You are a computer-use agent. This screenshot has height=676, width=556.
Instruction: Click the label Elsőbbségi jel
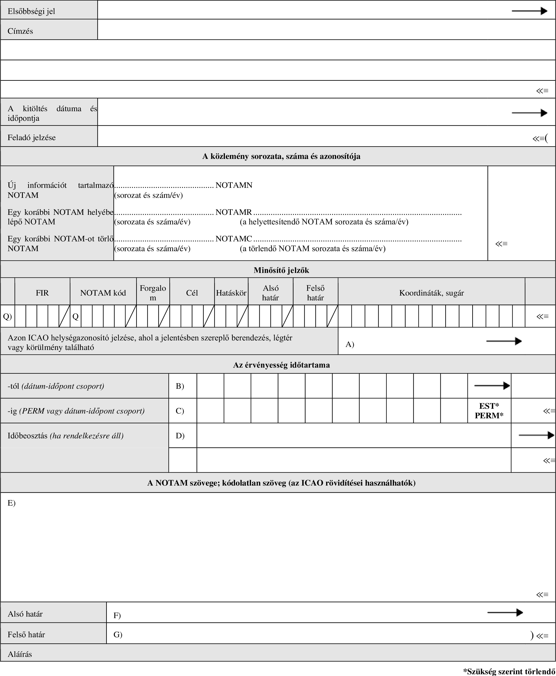31,12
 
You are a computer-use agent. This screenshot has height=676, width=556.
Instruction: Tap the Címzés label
20,31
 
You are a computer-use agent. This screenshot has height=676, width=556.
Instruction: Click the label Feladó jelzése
31,138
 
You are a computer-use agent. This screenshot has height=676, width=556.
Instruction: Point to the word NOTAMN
234,185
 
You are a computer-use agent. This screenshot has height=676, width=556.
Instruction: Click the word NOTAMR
234,212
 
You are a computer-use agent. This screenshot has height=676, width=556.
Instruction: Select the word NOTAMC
234,239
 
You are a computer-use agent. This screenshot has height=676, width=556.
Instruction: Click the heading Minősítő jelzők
281,270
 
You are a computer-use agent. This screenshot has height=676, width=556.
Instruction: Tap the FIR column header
42,293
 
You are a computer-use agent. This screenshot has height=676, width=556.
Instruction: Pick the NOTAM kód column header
103,293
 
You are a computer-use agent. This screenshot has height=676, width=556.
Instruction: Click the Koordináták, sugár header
431,293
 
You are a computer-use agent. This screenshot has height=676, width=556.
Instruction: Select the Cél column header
192,293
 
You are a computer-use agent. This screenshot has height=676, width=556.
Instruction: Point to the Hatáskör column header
231,293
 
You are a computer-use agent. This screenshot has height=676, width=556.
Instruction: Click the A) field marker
350,344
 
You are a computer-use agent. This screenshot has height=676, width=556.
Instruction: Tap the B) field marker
180,386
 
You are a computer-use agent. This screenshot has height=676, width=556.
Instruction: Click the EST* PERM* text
489,411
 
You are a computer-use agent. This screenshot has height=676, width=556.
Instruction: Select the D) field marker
180,436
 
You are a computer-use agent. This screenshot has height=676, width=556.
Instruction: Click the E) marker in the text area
12,503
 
